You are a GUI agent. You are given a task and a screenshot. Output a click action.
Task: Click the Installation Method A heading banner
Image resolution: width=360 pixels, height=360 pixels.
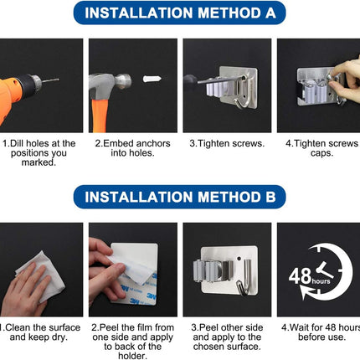click(180, 13)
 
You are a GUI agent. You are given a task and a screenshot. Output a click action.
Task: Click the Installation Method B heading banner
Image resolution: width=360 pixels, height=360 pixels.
click(180, 197)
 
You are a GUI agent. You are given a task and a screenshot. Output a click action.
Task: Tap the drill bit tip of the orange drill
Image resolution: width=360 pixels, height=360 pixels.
click(58, 80)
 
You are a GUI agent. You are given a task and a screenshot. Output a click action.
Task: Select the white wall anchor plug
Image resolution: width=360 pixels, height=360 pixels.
click(152, 79)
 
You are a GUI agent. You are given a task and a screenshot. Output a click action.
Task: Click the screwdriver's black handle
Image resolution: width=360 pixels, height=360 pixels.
click(191, 81)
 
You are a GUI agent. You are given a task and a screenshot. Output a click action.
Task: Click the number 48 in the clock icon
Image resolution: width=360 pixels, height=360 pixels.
click(300, 276)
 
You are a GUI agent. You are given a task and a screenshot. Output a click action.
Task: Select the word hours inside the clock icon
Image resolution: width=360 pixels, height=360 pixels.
click(321, 281)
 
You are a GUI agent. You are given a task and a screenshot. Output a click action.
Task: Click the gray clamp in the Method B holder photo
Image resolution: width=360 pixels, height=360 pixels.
click(213, 270)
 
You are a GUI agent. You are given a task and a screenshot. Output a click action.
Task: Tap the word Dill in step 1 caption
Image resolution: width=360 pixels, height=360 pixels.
click(18, 143)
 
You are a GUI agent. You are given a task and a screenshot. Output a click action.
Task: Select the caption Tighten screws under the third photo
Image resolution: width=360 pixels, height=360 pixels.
click(227, 143)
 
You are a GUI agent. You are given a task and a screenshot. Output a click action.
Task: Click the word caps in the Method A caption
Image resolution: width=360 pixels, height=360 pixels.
click(321, 153)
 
